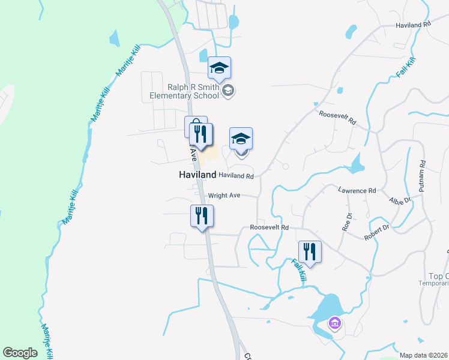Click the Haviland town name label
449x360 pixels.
197,175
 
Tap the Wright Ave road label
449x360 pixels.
224,196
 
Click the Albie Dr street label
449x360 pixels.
400,200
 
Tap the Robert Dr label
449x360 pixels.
377,232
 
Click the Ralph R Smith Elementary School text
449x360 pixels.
184,91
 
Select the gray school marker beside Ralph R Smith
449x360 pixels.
228,91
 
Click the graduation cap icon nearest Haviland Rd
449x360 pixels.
241,139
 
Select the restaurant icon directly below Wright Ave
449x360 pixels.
202,216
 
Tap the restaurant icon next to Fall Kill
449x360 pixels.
310,251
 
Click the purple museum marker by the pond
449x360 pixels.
335,325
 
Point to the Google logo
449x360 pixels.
20,353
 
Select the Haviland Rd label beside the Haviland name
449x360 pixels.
236,176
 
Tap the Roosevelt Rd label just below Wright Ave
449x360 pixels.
269,228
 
